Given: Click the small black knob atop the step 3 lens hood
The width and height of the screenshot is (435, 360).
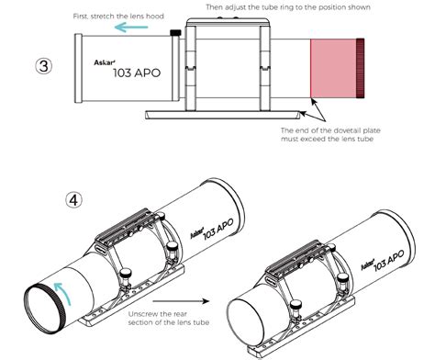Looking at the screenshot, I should click(x=173, y=34).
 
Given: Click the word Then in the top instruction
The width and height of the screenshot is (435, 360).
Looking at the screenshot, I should click(x=213, y=6).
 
